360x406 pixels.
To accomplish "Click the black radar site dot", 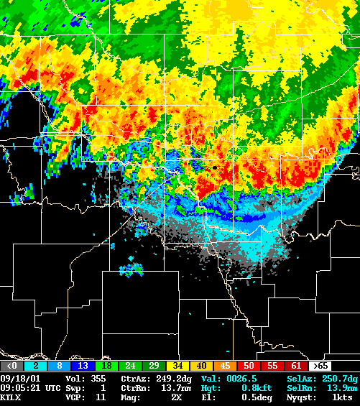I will pyautogui.click(x=214, y=167).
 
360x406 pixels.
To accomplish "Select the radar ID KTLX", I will pyautogui.click(x=11, y=397).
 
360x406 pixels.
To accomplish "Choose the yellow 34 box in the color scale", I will pyautogui.click(x=177, y=366).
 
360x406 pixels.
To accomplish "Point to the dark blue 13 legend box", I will pyautogui.click(x=83, y=366).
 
